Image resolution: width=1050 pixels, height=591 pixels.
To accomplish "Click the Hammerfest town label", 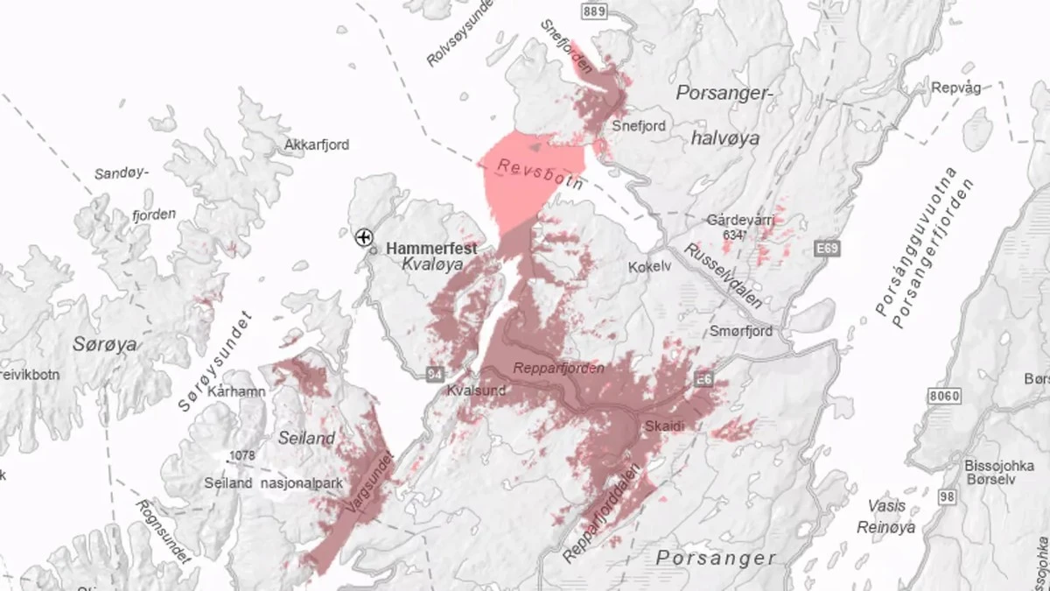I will point(432,249).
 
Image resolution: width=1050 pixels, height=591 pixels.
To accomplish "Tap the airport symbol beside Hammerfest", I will point(364,236).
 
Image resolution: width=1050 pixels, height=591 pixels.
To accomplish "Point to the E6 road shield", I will point(704,377).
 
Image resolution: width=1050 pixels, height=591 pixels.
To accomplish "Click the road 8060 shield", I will point(945,396).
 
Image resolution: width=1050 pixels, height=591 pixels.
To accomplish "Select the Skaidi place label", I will point(663,425).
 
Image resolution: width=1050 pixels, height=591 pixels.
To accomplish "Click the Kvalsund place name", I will point(476,390).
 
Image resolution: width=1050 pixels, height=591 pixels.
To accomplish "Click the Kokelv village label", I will point(649,266).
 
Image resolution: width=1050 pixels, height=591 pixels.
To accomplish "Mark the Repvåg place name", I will point(956,88).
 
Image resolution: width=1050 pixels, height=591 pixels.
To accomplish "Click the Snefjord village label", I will point(639,125).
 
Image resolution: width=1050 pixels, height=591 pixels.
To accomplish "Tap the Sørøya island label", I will point(105,345).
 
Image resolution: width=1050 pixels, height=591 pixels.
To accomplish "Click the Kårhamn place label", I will point(237,391).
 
